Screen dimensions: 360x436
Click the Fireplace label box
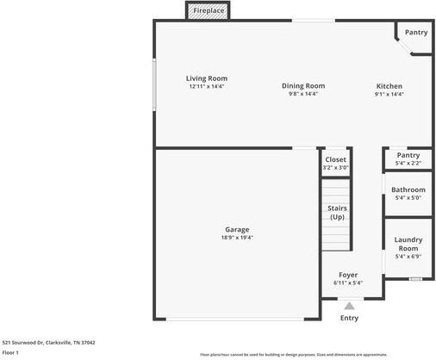209,10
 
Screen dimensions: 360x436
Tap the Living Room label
207,78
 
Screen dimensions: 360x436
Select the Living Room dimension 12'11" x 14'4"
207,86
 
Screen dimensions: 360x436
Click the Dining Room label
303,85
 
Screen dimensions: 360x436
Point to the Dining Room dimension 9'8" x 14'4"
303,94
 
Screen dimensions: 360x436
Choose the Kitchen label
389,86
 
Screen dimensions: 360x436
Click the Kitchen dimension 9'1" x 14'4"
389,94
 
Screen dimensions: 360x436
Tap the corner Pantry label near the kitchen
416,33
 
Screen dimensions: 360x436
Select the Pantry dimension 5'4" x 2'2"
408,164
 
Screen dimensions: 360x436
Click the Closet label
335,160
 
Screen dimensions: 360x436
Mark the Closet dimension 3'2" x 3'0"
335,168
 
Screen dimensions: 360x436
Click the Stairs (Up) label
337,212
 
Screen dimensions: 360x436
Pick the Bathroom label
408,189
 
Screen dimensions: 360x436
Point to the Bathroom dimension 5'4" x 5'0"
408,198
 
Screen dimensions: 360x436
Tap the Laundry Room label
408,244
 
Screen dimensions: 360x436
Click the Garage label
237,229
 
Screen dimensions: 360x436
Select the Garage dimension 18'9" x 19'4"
237,238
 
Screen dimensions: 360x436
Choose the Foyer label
347,275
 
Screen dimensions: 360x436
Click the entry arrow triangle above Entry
349,305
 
